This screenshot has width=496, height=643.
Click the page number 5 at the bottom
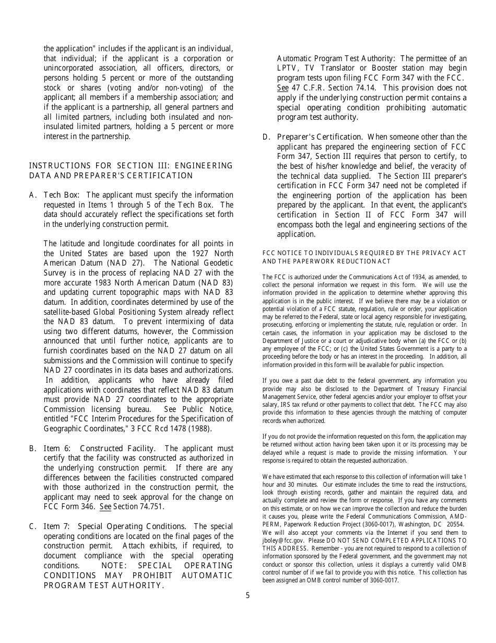(x=247, y=595)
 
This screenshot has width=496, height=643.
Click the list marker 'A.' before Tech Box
(x=33, y=195)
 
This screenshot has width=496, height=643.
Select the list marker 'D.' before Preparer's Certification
(x=266, y=137)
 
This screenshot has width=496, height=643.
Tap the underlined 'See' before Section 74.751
(x=105, y=507)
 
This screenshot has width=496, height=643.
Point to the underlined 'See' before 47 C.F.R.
(x=282, y=88)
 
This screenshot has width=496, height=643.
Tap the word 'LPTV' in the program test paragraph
(x=287, y=68)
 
